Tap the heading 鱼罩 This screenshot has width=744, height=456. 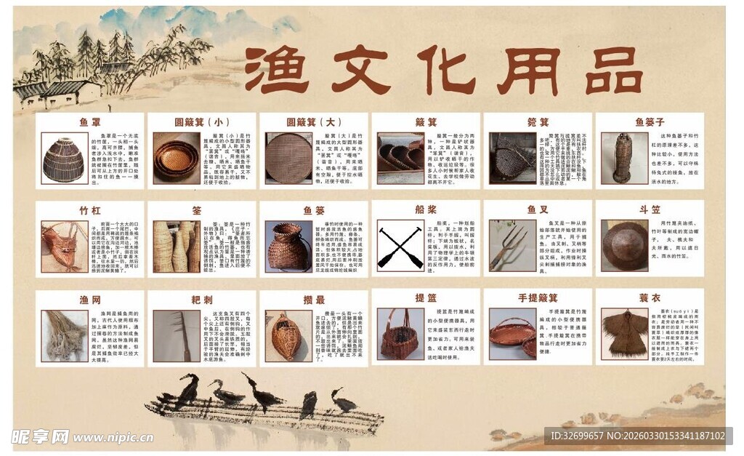91,121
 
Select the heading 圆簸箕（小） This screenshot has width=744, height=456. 202,121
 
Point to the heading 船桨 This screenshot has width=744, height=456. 426,210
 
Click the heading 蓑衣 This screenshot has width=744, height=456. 649,298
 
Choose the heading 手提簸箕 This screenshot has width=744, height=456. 538,298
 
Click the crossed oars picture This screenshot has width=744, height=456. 400,247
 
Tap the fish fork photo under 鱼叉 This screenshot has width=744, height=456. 511,247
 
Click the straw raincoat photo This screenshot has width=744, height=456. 623,334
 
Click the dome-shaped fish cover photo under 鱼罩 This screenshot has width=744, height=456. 64,158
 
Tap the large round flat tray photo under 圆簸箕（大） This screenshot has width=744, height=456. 288,158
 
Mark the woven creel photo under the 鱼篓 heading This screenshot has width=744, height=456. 288,247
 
